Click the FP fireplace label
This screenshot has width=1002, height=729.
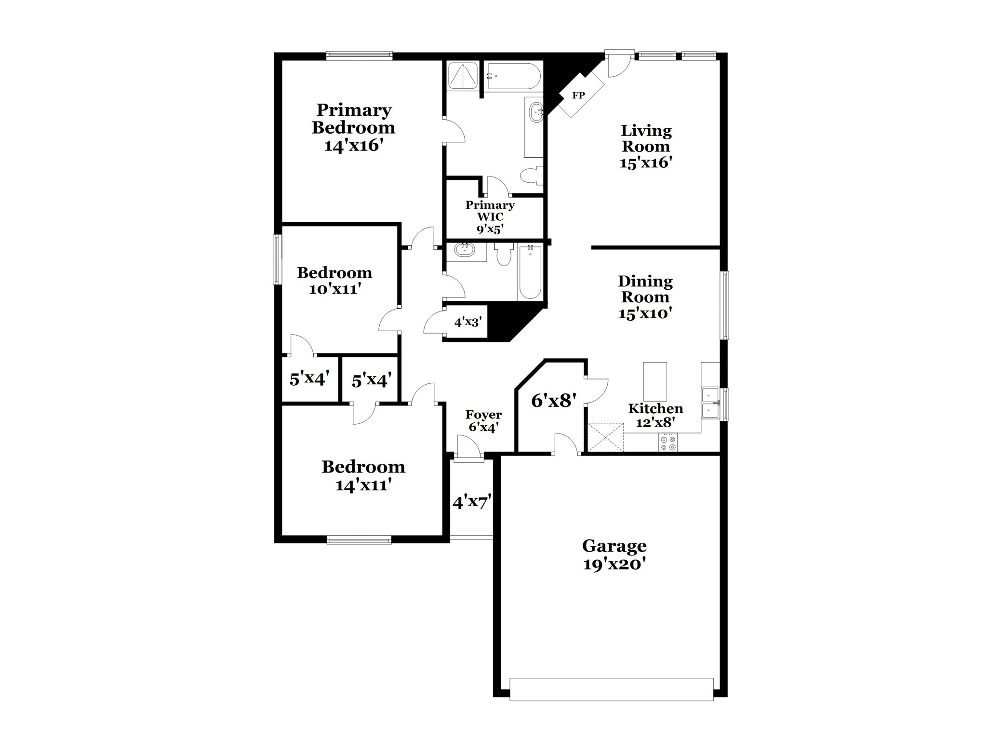[x=578, y=95]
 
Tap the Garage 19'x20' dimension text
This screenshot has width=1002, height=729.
[x=614, y=564]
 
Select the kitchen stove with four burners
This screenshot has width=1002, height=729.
[x=668, y=443]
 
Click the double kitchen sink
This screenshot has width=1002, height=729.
[x=709, y=403]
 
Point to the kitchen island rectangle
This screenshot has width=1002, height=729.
[x=655, y=381]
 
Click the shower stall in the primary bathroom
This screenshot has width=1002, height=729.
[x=462, y=76]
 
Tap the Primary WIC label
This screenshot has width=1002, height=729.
[x=490, y=211]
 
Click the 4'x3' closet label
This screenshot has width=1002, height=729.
[x=468, y=322]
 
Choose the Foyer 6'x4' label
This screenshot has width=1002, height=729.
[x=483, y=420]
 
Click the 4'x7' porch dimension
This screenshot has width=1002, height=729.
[x=471, y=502]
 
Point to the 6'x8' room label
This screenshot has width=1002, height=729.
[x=554, y=400]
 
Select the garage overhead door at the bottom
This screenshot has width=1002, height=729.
[x=611, y=689]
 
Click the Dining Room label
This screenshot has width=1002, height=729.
[x=645, y=289]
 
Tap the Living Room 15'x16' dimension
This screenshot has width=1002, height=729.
[x=646, y=162]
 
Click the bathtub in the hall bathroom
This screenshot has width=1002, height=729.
[x=530, y=272]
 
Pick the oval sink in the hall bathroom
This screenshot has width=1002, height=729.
[x=465, y=250]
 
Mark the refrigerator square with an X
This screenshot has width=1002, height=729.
[x=605, y=437]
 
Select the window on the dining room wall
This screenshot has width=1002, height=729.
[x=724, y=305]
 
